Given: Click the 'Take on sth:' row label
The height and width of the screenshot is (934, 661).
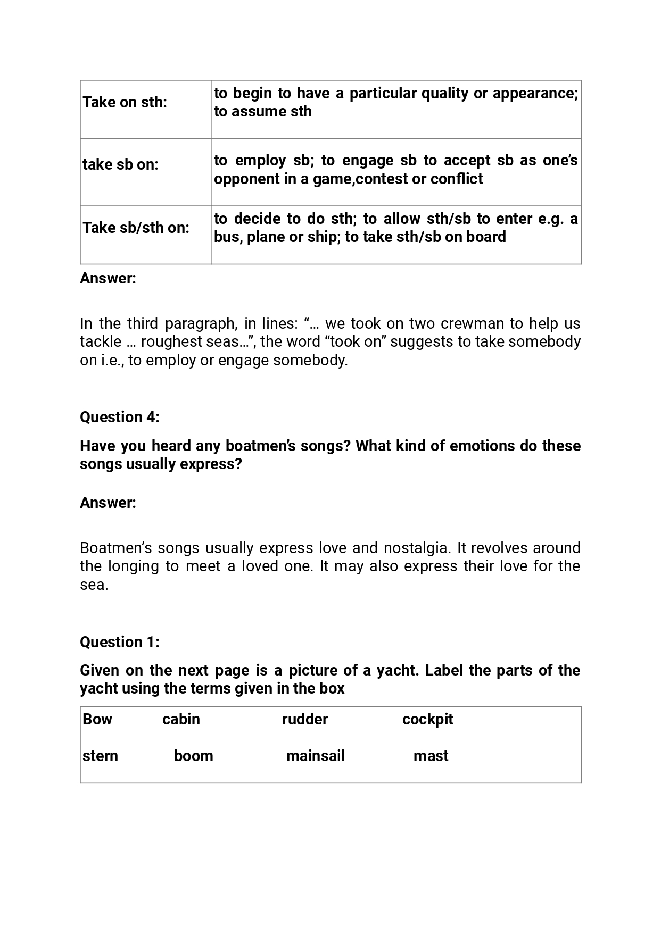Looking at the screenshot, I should [125, 102].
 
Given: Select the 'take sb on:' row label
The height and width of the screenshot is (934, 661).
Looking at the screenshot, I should [120, 164].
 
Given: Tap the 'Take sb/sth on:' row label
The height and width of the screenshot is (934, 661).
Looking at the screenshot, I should [136, 228].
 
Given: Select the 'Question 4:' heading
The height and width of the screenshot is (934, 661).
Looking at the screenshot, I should [120, 417].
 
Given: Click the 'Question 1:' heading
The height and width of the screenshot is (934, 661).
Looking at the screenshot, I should [120, 642].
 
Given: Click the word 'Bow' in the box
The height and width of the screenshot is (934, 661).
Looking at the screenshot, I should [97, 719].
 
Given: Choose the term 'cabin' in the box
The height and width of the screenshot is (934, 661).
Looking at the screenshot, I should [181, 719].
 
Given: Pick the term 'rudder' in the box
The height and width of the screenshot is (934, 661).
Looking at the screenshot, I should [305, 719].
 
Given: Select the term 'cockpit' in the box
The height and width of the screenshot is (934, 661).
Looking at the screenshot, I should [427, 719].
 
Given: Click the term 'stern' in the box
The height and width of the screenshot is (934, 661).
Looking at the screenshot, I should [100, 756].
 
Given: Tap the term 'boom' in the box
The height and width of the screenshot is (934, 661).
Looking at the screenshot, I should [193, 756].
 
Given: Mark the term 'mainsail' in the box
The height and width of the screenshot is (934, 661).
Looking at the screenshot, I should [316, 756].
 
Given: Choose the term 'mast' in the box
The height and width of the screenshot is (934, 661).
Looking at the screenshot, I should [431, 756].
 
